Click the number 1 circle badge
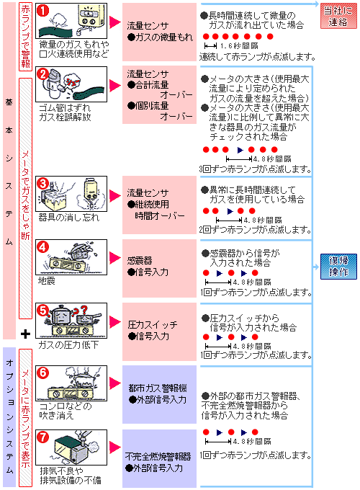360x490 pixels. click(x=42, y=10)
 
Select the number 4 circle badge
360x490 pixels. click(x=42, y=246)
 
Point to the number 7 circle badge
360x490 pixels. click(x=42, y=437)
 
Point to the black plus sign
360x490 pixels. click(x=25, y=334)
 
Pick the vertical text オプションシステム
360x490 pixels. click(x=9, y=411)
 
